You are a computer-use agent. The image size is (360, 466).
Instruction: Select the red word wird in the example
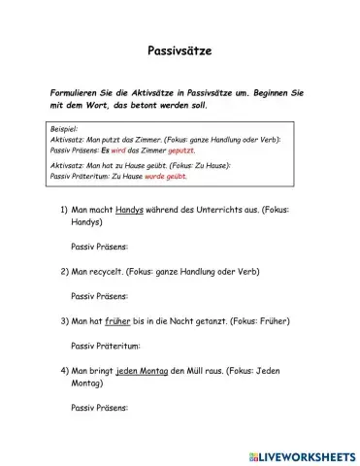tap(116, 150)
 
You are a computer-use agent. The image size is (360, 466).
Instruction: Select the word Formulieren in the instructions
tap(79, 91)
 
